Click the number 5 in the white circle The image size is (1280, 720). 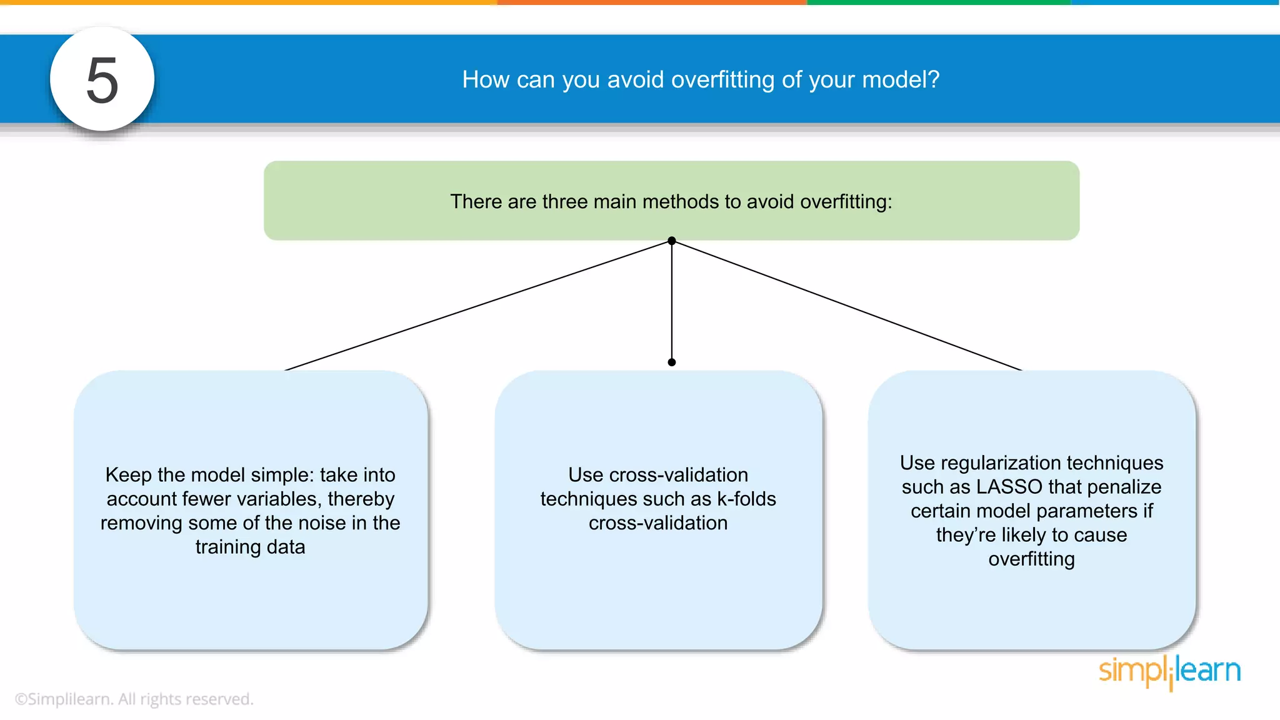point(102,81)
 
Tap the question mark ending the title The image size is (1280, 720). point(933,80)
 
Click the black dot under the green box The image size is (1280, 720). point(672,241)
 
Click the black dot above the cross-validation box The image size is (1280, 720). point(672,362)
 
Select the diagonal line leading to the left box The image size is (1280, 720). point(478,306)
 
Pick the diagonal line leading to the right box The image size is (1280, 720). point(847,306)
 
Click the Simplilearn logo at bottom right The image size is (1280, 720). point(1169,672)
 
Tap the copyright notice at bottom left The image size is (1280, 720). point(134,699)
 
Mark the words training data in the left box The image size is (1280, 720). point(250,547)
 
